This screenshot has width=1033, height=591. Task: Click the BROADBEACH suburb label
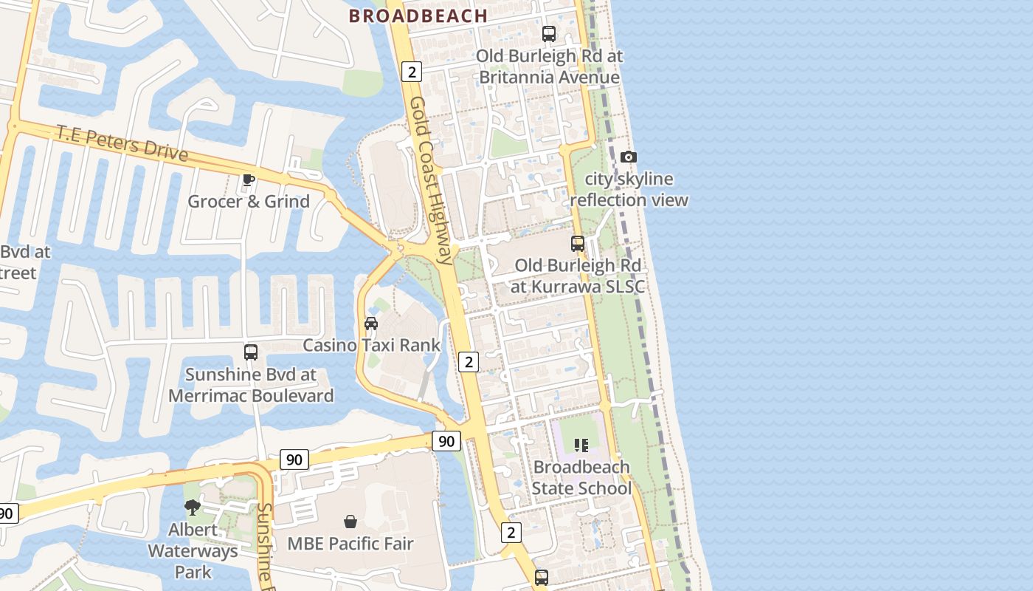pos(418,16)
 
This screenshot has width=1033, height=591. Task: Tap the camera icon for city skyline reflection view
pos(629,157)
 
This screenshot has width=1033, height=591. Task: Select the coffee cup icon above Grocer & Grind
pos(249,180)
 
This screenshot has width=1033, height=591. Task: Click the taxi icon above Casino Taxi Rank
pos(371,324)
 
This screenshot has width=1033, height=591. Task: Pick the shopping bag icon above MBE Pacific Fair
pos(350,522)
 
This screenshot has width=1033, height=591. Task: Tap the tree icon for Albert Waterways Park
pos(193,507)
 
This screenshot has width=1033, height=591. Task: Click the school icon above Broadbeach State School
pos(581,445)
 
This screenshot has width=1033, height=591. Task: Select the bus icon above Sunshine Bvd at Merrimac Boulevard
pos(251,352)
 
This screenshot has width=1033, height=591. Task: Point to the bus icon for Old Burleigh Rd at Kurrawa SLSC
pos(578,243)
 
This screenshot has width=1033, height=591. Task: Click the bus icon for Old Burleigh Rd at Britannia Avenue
pos(549,33)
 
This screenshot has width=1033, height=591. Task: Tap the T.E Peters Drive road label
pos(122,143)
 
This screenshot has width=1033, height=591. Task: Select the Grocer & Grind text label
pos(249,201)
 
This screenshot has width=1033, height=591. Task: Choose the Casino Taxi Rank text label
pos(371,345)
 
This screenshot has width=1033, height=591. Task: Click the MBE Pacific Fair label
pos(350,544)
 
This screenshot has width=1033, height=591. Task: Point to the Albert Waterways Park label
pos(193,550)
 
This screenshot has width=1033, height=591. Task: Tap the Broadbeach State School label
pos(581,477)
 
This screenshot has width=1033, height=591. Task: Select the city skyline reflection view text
pos(629,189)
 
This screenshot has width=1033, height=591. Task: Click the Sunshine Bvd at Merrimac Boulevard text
pos(251,385)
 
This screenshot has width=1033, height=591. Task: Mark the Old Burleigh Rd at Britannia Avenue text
pos(549,66)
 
